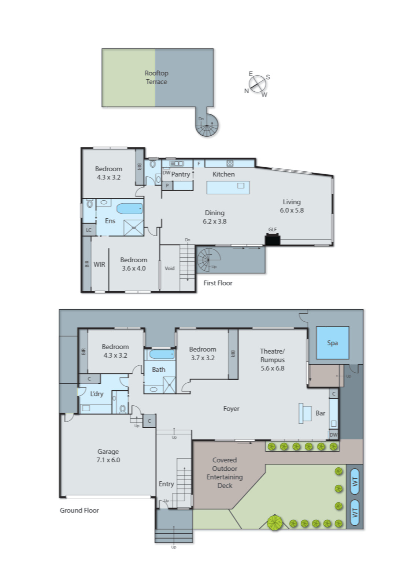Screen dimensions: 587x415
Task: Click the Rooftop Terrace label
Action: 156,77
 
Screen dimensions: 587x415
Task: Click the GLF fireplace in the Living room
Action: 273,240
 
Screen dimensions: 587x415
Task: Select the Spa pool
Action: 332,343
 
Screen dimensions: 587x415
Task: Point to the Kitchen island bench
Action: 228,187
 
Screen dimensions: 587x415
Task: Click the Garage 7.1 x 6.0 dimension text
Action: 108,460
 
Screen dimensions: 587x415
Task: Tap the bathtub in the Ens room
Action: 129,209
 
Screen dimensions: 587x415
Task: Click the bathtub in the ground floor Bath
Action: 162,354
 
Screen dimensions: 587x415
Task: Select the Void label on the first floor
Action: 170,268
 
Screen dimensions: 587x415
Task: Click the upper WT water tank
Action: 354,481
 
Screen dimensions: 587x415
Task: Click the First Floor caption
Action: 218,283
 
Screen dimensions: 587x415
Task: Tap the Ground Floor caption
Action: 79,510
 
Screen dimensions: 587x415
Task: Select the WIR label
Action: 99,264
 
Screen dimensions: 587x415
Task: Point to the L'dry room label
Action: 97,394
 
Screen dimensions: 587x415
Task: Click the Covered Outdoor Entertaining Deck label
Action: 225,473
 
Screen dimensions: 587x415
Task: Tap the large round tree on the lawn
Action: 275,522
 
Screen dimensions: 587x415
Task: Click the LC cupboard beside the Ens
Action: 89,230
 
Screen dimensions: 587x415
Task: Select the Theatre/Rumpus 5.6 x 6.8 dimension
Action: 272,368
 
